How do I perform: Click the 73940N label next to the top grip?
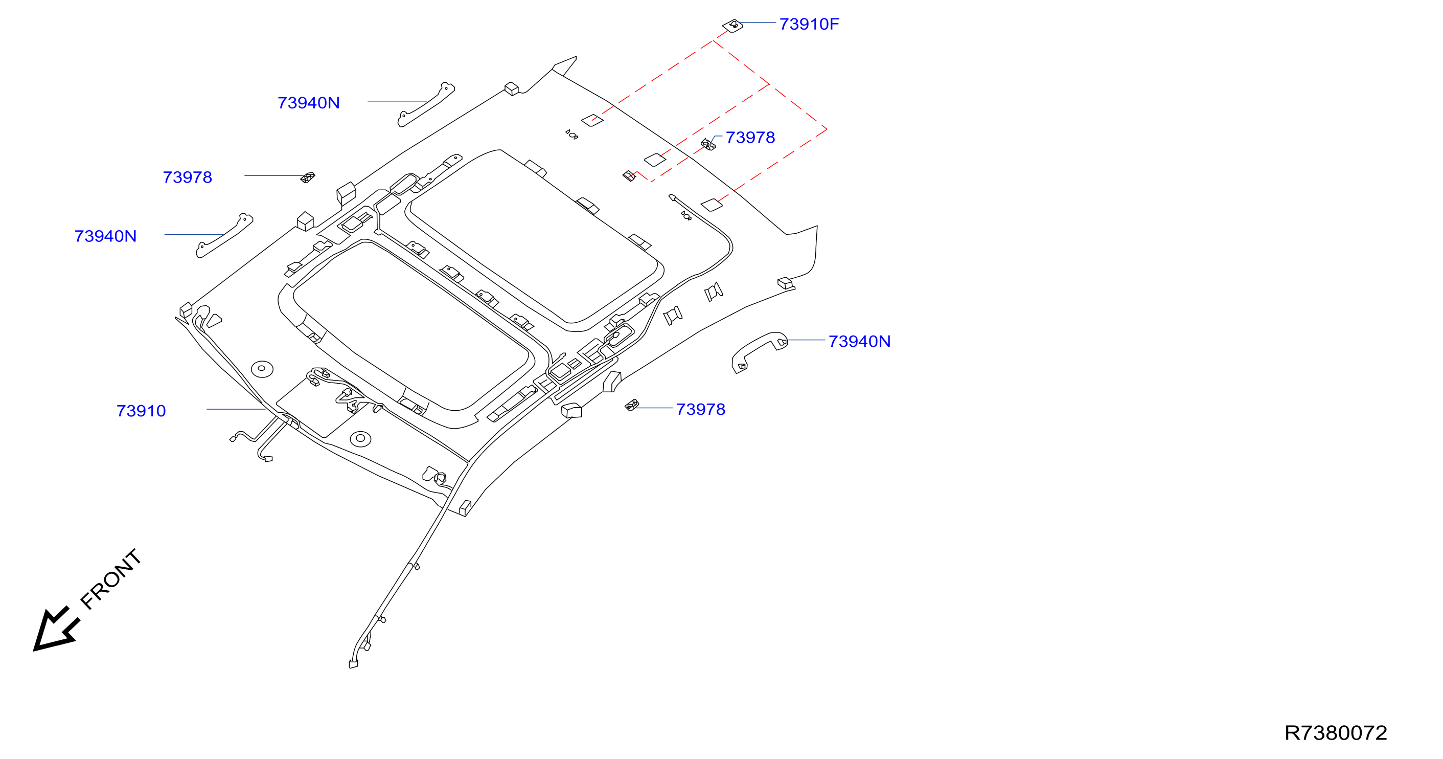pos(309,103)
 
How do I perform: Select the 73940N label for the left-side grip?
pos(105,236)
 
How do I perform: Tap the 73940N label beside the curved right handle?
pos(859,341)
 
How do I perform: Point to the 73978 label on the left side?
pos(187,177)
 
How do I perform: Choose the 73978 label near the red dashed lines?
pos(750,138)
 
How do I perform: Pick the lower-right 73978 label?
pos(700,409)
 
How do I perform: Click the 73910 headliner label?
pos(141,411)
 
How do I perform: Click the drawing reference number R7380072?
pos(1336,732)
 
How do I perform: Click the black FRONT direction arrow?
pos(56,629)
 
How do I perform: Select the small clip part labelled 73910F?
pos(732,25)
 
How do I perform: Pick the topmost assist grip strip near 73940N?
pos(426,105)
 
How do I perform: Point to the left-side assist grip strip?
pos(224,235)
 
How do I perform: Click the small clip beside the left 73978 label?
pos(308,177)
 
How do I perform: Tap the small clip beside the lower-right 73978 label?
pos(632,405)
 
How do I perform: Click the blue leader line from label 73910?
pos(236,409)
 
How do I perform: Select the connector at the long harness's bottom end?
pos(354,665)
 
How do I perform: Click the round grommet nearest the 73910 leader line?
pos(262,368)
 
